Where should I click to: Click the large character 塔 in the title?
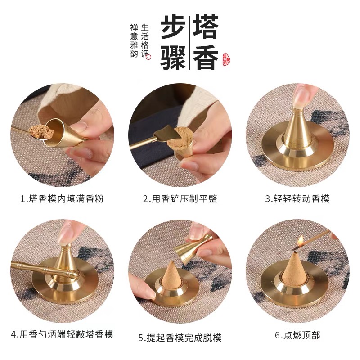pyautogui.click(x=206, y=28)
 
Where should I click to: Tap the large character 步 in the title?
pyautogui.click(x=173, y=28)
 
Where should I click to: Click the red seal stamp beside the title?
pyautogui.click(x=226, y=58)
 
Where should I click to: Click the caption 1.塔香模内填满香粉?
pyautogui.click(x=62, y=198)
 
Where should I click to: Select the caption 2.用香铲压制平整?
pyautogui.click(x=180, y=198)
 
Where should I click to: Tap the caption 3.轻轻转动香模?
pyautogui.click(x=297, y=198)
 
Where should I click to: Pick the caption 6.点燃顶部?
pyautogui.click(x=297, y=335)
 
